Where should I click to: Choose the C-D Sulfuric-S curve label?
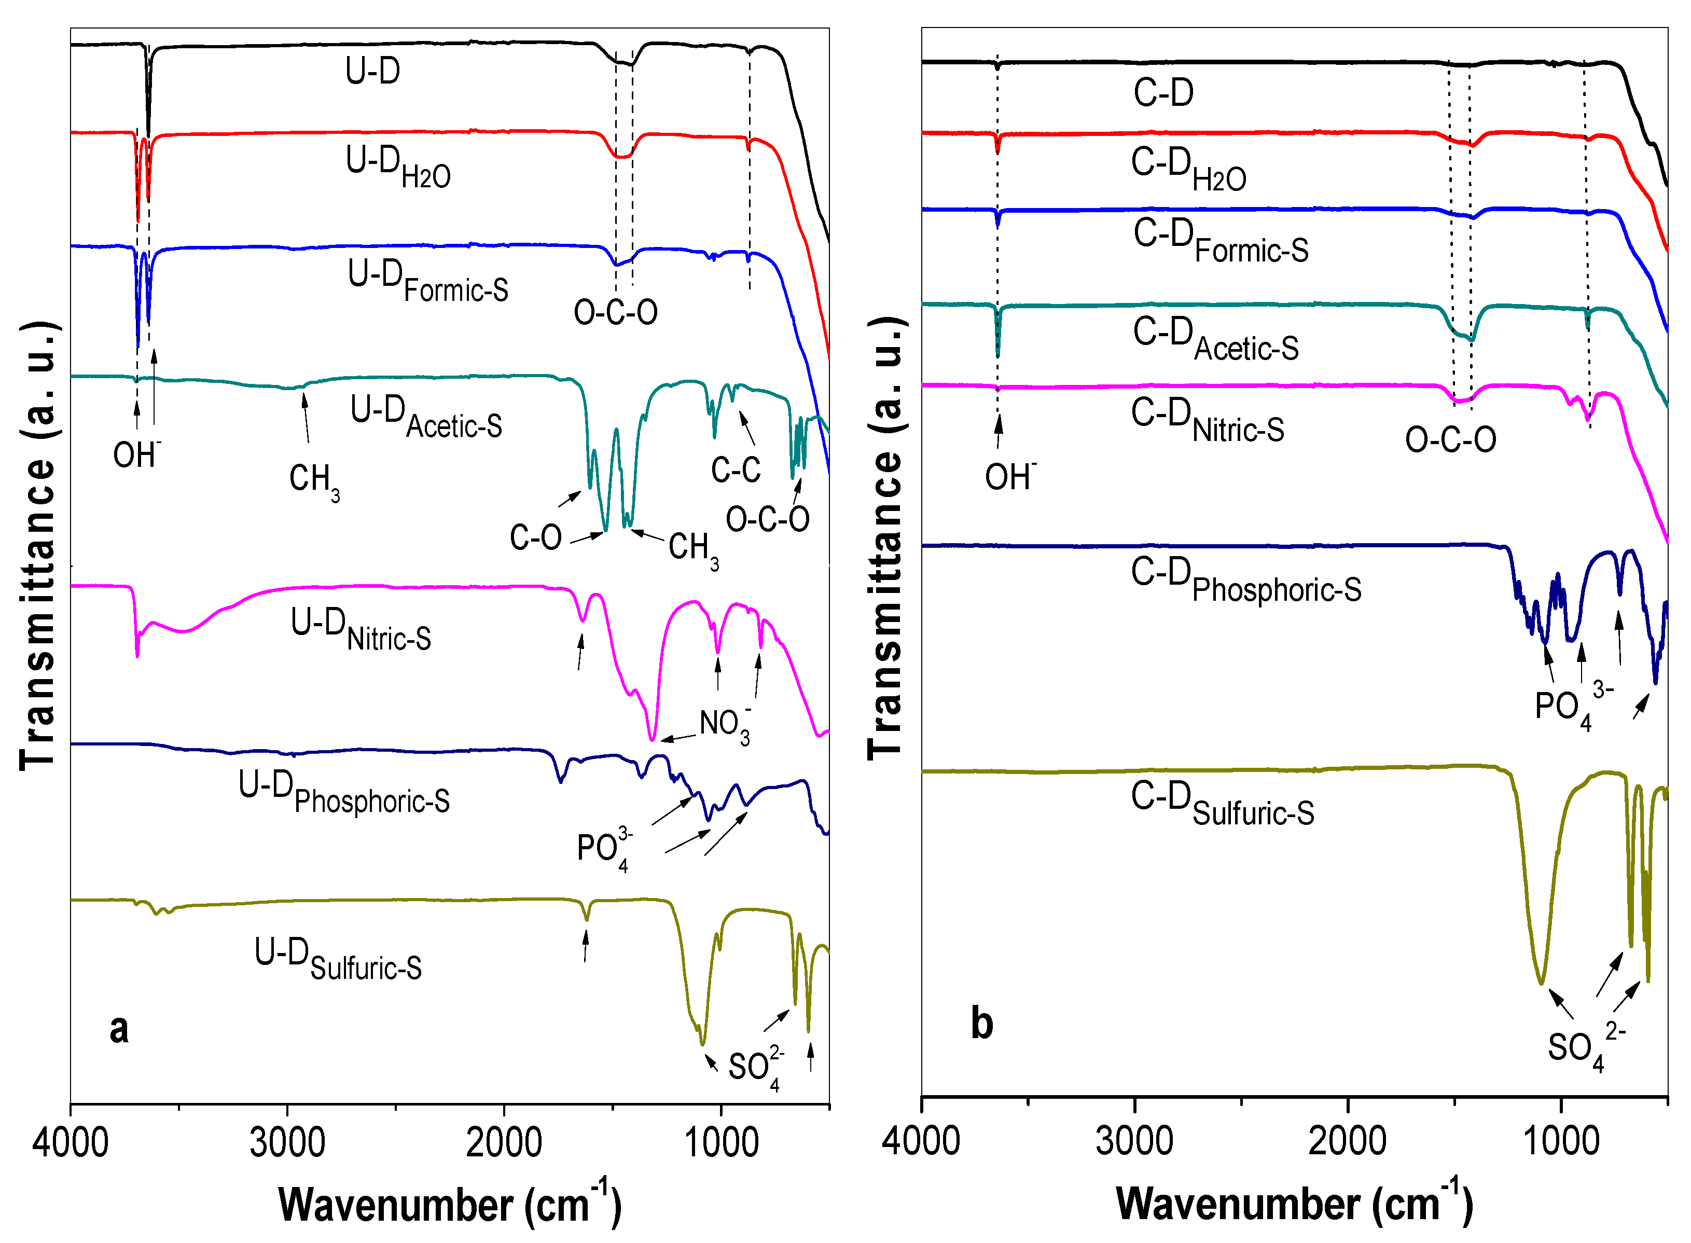pos(1223,804)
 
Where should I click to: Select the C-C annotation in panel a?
pos(736,469)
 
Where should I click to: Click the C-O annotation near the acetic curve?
pos(536,537)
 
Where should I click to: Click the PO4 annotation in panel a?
pos(604,849)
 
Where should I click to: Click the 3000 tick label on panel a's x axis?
pos(287,1144)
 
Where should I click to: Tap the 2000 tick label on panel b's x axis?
pos(1347,1141)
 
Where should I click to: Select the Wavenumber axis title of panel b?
pos(1294,1203)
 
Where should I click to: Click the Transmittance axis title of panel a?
pos(38,546)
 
